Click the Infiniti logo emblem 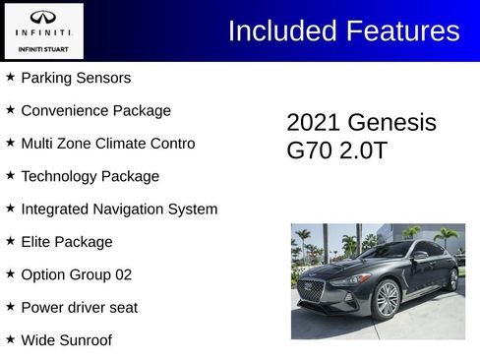tap(43, 17)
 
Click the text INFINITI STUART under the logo tap(43, 47)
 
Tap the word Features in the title tap(401, 30)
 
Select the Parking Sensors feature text tap(76, 78)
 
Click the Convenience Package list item tap(95, 111)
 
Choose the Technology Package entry tap(90, 177)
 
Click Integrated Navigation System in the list tap(119, 210)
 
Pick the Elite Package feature tap(67, 242)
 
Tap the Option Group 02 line tap(76, 275)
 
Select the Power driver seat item tap(79, 308)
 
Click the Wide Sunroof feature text tap(66, 340)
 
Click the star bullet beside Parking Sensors tap(10, 77)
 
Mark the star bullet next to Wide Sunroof tap(10, 339)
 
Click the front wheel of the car tap(388, 299)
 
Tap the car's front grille tap(312, 291)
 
